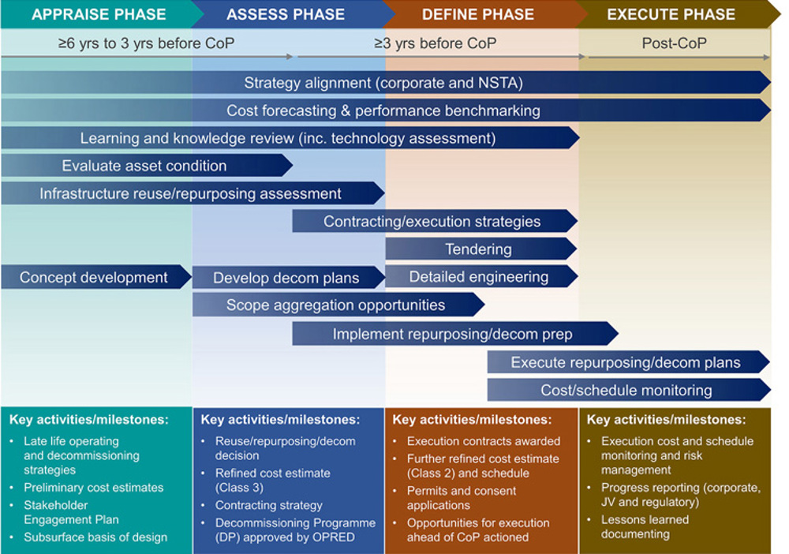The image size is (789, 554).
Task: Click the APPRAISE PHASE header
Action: coord(99,14)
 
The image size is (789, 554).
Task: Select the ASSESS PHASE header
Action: coord(286,14)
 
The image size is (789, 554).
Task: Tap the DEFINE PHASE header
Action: coord(478,14)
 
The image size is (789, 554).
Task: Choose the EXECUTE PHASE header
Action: coord(671,14)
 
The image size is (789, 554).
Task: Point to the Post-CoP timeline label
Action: coord(675,43)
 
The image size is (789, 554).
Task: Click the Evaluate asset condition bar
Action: coord(144,166)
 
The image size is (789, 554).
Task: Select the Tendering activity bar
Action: coord(478,249)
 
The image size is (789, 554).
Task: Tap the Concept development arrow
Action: coord(94,277)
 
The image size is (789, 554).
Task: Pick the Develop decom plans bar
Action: coord(286,278)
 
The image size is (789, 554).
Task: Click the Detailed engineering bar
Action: coord(478,277)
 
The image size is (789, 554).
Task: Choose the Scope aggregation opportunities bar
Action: coord(335,305)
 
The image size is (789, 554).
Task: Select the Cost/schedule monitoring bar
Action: coord(626,390)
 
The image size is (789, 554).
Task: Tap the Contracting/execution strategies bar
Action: coord(432,222)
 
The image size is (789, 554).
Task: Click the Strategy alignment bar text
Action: coord(383,83)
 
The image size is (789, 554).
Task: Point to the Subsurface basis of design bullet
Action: coord(95,537)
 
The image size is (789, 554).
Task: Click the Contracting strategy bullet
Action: coord(269,505)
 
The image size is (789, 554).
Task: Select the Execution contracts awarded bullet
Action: coord(484,441)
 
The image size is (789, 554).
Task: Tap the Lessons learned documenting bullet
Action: coord(645,527)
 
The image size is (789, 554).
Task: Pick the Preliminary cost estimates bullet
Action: coord(94,488)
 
